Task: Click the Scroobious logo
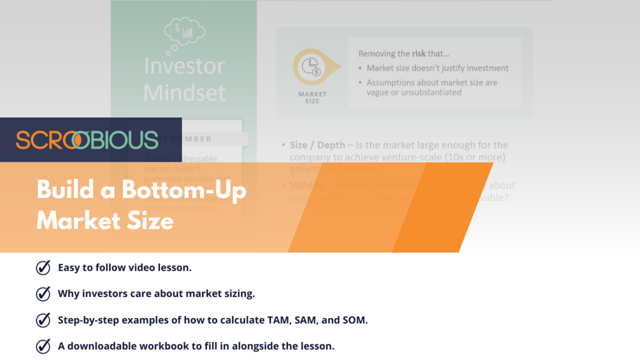coord(87,140)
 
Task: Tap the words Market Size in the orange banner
coord(105,220)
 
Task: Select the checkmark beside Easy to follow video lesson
coord(43,268)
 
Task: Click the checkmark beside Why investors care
coord(43,294)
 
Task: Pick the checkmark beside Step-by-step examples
coord(43,320)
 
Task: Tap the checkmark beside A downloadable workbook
coord(43,346)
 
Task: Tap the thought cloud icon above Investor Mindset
coord(183,33)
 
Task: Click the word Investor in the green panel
coord(184,66)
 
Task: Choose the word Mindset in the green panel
coord(184,93)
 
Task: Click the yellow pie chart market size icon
coord(311,67)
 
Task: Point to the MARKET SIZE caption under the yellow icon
coord(312,97)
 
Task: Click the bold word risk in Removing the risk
coord(419,54)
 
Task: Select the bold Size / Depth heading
coord(317,145)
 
